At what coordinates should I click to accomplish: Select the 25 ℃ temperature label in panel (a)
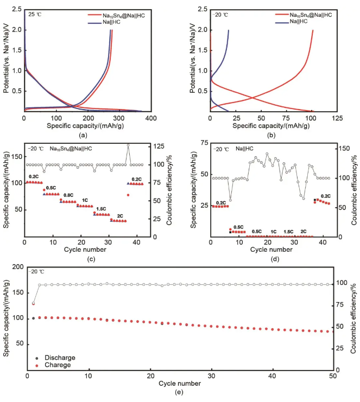(x=35, y=14)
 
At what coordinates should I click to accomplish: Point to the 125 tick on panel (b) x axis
(x=338, y=118)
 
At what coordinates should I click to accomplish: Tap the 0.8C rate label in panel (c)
(x=68, y=195)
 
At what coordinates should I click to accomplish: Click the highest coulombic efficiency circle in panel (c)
(x=128, y=145)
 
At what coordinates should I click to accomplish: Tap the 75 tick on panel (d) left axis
(x=203, y=143)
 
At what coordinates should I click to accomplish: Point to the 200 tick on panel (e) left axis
(x=17, y=267)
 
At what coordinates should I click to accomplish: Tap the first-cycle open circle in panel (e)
(x=33, y=304)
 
